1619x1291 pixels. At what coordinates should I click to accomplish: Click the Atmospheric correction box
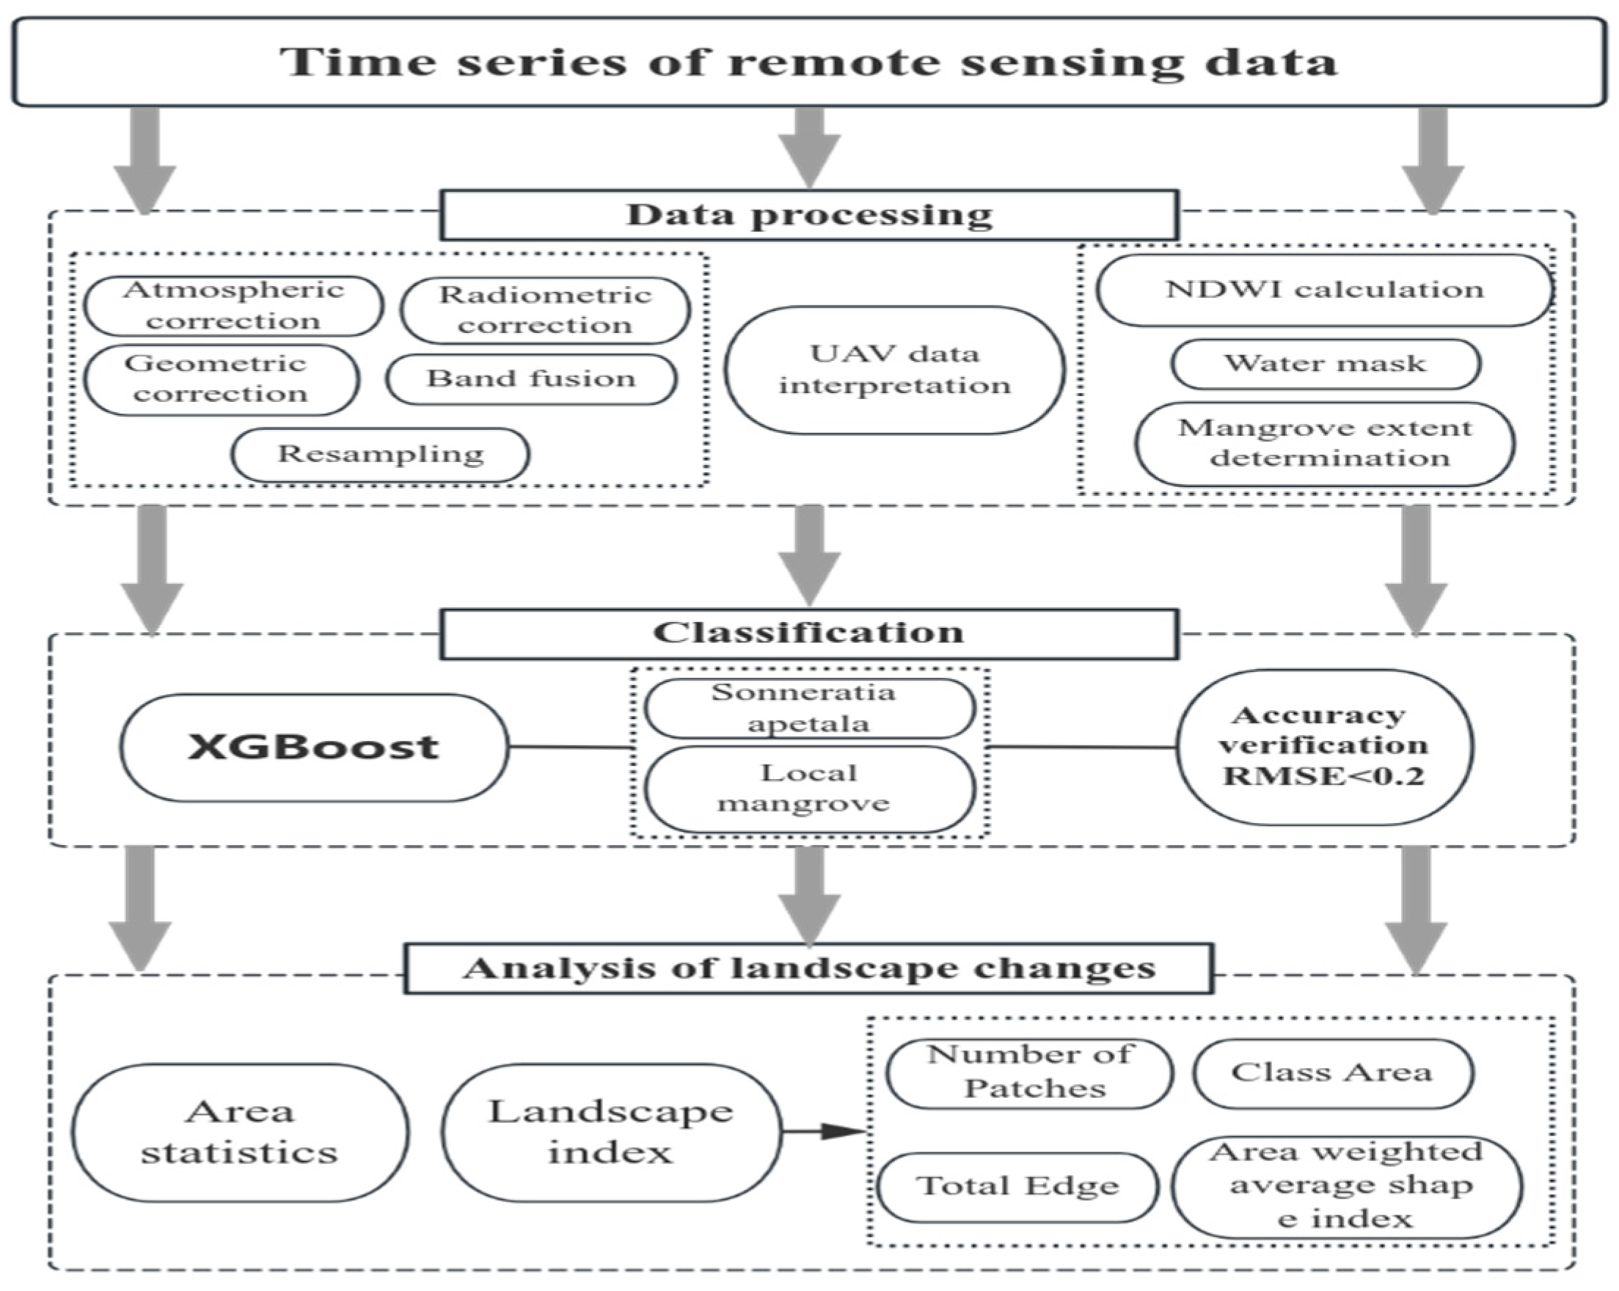(x=233, y=306)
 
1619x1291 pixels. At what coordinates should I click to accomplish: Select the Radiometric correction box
(x=545, y=310)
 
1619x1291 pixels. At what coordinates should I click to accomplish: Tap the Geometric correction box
(x=222, y=379)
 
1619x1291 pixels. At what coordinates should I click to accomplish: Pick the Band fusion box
(x=532, y=378)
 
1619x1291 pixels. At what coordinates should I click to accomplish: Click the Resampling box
(x=380, y=454)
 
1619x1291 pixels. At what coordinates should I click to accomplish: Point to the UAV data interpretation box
(x=894, y=370)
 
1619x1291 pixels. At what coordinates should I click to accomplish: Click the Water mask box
(x=1326, y=364)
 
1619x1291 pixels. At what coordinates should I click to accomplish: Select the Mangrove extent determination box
(x=1325, y=443)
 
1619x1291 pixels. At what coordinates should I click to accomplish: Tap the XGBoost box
(x=314, y=747)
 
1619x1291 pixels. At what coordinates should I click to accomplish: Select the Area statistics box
(x=241, y=1132)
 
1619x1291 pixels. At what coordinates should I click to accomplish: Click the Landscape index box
(x=610, y=1132)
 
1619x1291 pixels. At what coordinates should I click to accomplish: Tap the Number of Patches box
(x=1029, y=1072)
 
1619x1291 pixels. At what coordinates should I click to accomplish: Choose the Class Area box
(x=1332, y=1072)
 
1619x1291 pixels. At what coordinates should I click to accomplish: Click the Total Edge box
(x=1017, y=1187)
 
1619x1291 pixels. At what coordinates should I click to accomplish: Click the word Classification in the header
(x=808, y=632)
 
